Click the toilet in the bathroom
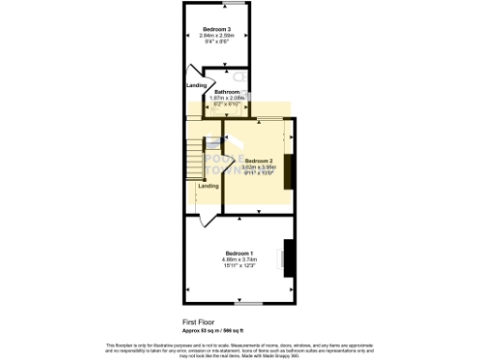point(238,77)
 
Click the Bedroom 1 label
point(239,252)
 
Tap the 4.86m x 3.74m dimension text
point(239,259)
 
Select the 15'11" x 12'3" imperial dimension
point(239,265)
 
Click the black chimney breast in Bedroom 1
point(289,258)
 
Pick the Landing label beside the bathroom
point(197,86)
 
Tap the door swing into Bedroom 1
point(205,222)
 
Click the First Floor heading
point(197,321)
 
